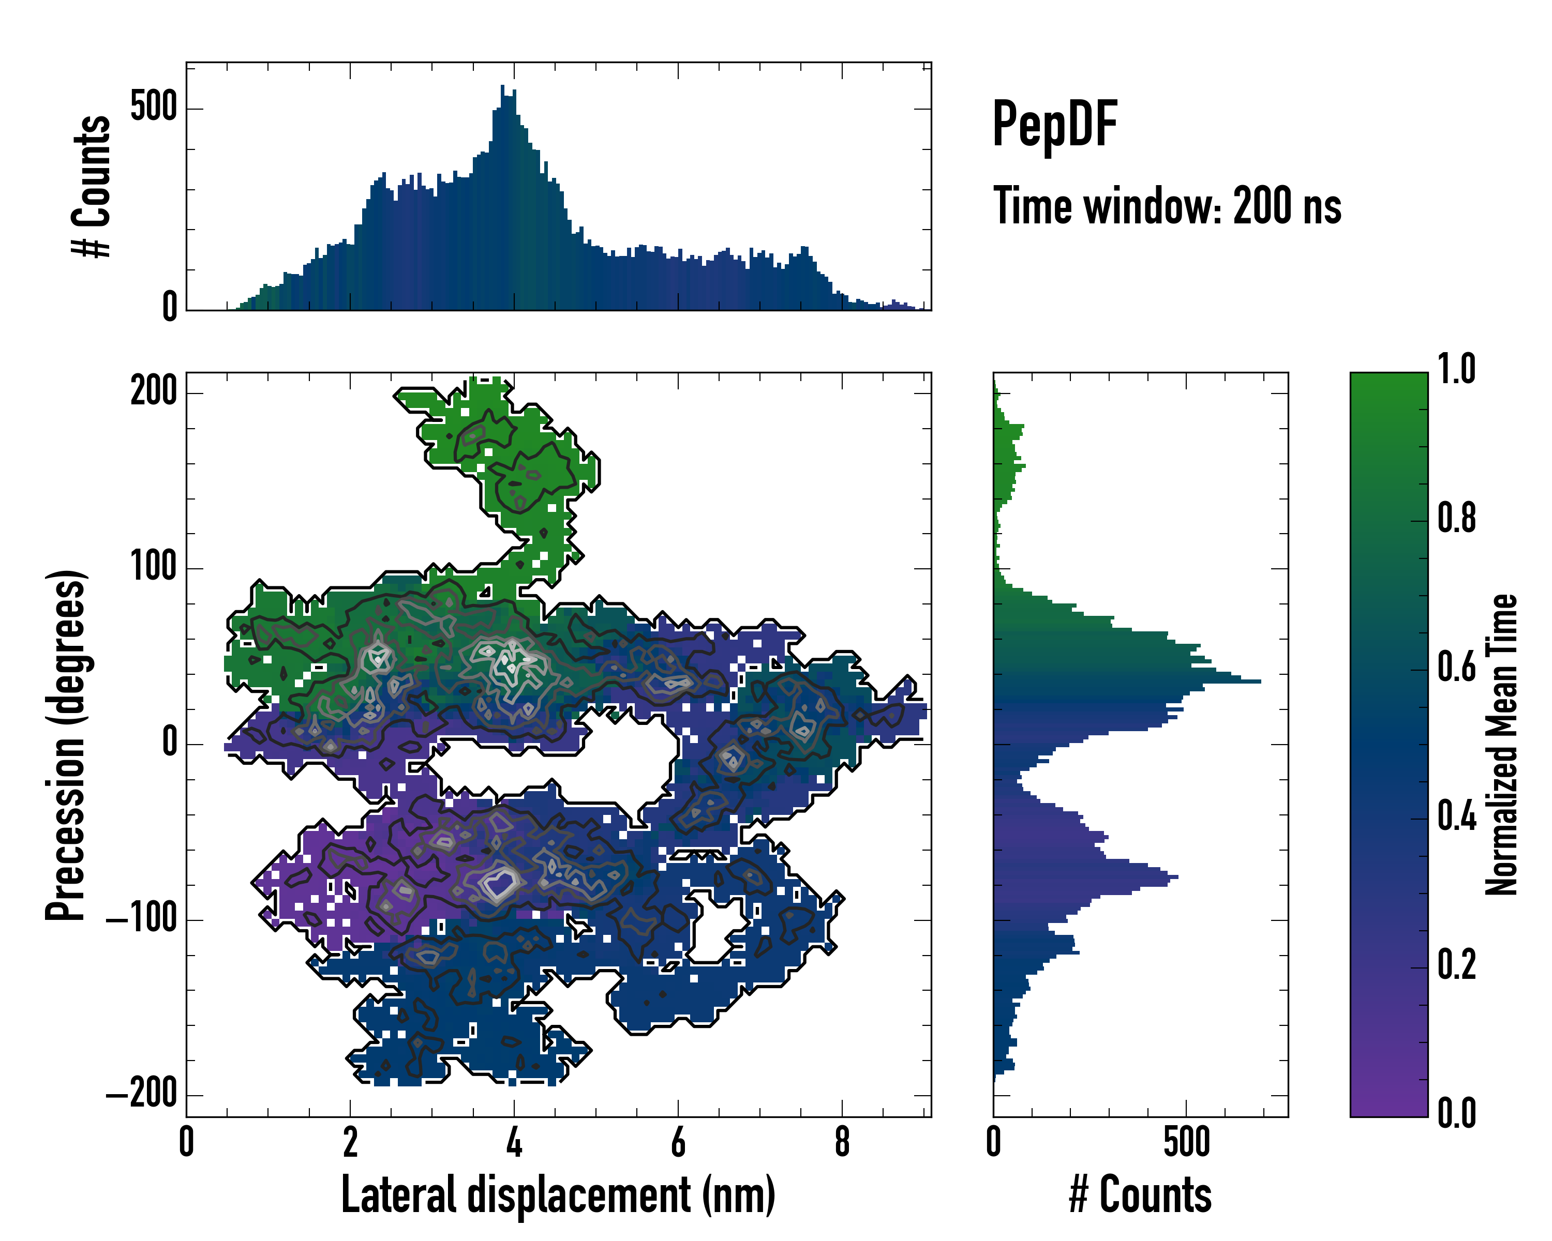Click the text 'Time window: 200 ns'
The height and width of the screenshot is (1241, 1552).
tap(1167, 206)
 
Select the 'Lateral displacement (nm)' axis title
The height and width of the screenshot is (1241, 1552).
tap(558, 1195)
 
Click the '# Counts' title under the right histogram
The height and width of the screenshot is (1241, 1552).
tap(1140, 1195)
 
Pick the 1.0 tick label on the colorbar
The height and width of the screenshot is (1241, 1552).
tap(1456, 369)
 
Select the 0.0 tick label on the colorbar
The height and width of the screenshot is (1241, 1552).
tap(1456, 1112)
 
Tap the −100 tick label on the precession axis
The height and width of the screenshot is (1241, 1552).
tap(142, 919)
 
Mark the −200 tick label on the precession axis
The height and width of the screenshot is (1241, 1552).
tap(142, 1095)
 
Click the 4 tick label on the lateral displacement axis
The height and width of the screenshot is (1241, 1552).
tap(514, 1142)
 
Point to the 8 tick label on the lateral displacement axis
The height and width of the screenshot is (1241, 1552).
tap(842, 1142)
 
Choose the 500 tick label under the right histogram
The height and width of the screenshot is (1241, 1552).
tap(1186, 1142)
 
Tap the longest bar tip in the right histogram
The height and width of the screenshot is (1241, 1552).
tap(1260, 680)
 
